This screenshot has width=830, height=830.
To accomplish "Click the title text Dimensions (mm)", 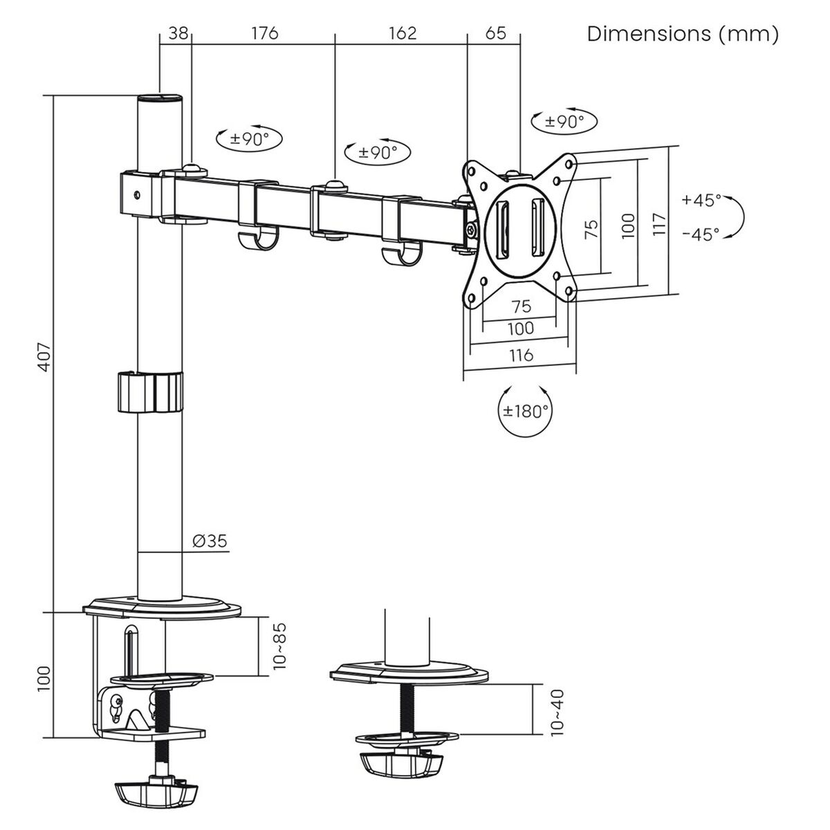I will (682, 34).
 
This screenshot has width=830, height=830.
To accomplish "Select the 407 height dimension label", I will (44, 356).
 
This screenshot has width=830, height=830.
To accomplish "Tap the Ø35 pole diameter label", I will (209, 542).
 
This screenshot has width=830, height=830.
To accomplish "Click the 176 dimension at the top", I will (264, 33).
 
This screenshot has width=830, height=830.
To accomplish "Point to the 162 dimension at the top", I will (403, 33).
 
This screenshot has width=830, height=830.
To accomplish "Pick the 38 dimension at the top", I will (177, 33).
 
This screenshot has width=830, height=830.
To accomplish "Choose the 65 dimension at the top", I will (495, 33).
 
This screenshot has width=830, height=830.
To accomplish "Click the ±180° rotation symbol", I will (525, 410).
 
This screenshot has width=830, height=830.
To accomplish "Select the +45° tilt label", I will (701, 201).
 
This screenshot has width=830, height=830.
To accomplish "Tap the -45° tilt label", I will (701, 234).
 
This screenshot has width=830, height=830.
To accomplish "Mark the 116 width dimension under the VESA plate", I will (520, 356).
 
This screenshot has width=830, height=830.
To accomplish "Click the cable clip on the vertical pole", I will (150, 393).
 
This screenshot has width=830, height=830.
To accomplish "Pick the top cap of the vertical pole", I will (160, 98).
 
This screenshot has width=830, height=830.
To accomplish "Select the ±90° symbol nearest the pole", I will (249, 139).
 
